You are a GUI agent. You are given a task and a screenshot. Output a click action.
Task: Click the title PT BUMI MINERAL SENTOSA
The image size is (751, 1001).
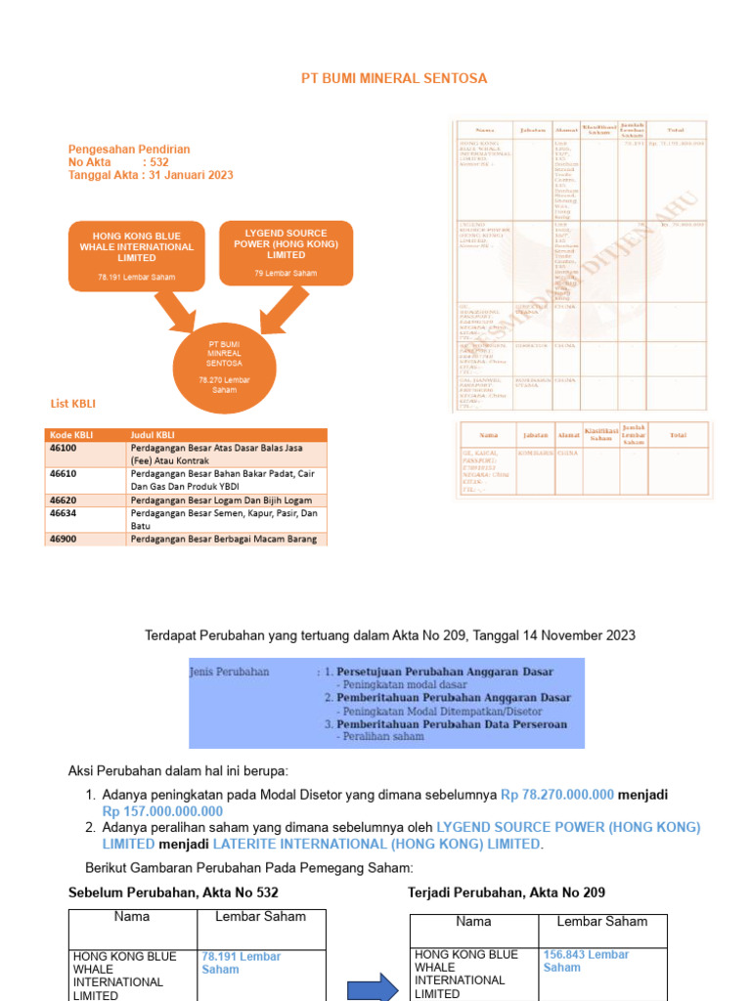(393, 78)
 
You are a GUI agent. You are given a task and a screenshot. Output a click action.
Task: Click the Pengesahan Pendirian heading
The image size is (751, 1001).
(129, 150)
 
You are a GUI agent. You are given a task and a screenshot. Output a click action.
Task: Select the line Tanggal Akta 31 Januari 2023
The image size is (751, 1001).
(151, 175)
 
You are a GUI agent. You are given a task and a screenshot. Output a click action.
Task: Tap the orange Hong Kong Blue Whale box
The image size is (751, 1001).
(137, 255)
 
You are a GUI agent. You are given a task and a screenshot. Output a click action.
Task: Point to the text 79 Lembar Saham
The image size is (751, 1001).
(287, 273)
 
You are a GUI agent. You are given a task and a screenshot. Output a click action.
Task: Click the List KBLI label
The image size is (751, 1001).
(73, 404)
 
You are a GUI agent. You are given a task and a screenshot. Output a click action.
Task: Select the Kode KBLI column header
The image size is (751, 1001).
(69, 435)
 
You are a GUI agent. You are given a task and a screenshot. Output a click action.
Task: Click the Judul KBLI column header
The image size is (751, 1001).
(155, 435)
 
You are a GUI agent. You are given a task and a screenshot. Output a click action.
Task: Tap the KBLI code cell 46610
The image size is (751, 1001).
(64, 473)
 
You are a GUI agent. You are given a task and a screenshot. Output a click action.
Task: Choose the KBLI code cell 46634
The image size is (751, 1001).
(64, 512)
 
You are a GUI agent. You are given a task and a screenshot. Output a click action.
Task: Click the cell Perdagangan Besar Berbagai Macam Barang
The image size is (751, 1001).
(224, 539)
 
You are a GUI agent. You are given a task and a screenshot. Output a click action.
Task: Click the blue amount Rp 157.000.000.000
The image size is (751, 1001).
(162, 811)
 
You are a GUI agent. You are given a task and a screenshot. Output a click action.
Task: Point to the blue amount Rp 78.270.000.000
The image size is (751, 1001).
(557, 795)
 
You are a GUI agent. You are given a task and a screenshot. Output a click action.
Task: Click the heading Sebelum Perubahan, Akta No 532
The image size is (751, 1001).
(173, 892)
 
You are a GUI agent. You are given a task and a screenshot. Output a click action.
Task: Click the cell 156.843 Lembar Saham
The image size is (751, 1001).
(586, 961)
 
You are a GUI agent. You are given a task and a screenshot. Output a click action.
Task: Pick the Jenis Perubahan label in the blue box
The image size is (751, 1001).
(229, 673)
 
